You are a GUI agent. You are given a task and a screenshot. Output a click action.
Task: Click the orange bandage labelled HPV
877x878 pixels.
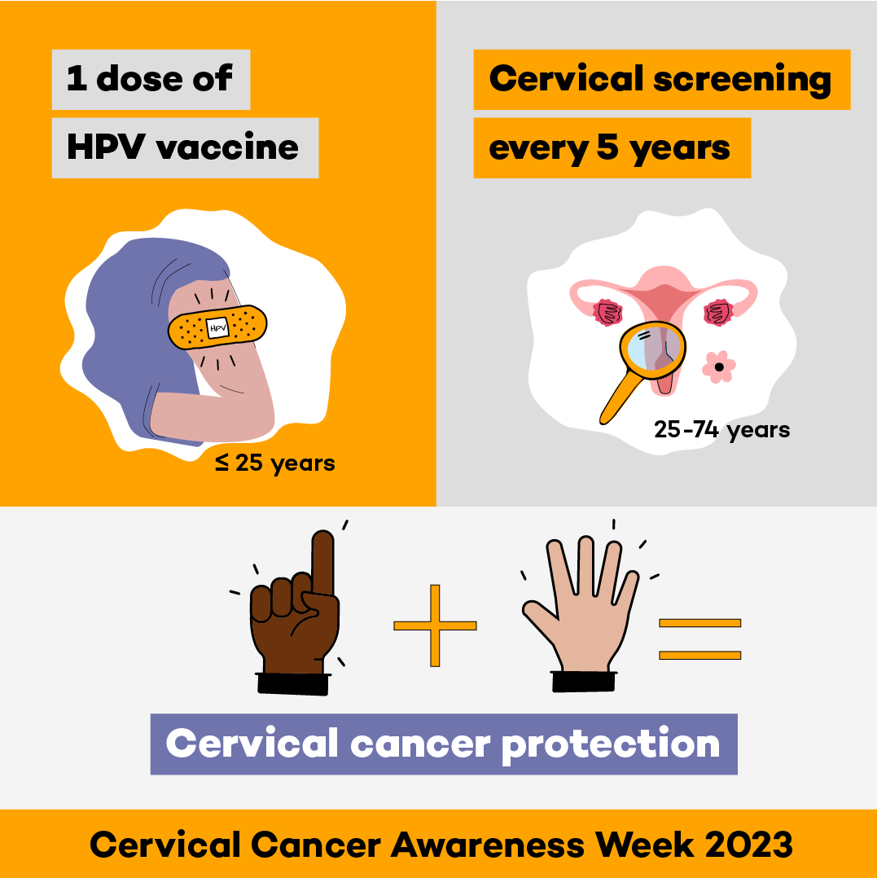[217, 327]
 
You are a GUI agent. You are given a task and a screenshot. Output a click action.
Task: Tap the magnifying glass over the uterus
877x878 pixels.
[651, 347]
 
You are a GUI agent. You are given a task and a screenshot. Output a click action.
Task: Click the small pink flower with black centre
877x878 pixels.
[718, 367]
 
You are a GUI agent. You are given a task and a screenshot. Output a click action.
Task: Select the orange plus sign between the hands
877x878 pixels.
[435, 625]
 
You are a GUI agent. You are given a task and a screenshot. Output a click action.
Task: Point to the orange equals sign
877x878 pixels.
[699, 639]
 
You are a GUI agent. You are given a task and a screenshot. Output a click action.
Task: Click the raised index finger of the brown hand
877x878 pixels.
[322, 562]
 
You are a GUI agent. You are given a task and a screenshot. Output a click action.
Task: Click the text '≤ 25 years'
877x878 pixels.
[275, 463]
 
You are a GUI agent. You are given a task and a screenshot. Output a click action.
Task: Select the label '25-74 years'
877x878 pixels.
[721, 429]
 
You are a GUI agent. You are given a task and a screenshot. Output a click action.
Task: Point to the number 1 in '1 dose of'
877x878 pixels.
[77, 79]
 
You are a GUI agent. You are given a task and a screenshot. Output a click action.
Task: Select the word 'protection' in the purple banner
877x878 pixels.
[611, 744]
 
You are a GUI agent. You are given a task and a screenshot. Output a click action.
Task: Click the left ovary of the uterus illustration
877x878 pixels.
[607, 313]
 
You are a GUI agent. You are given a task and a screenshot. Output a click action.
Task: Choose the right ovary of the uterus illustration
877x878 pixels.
[717, 312]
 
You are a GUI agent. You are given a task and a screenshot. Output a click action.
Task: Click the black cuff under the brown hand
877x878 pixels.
[293, 683]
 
